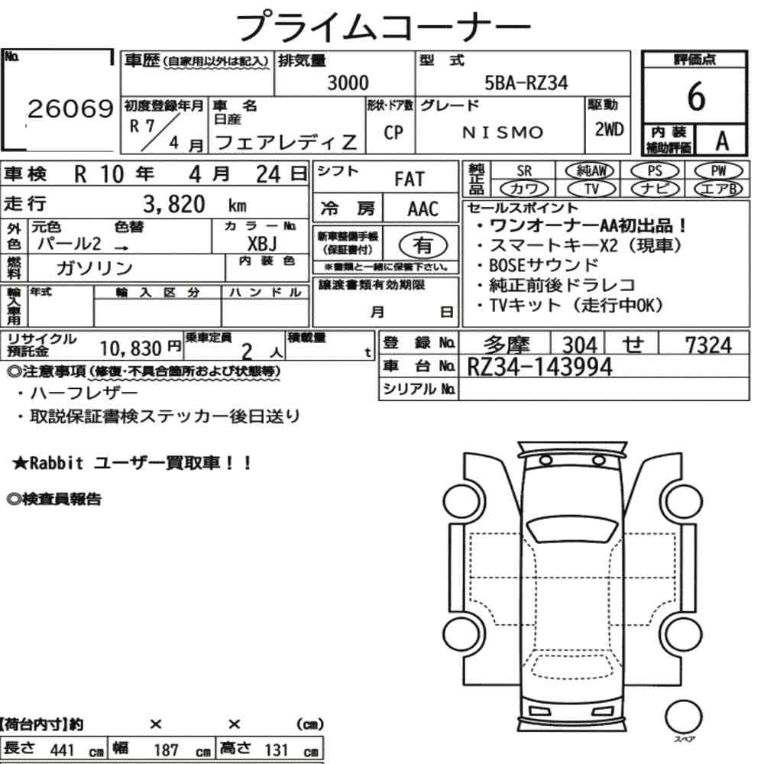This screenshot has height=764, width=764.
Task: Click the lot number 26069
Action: click(70, 108)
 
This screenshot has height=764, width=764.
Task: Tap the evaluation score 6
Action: click(696, 96)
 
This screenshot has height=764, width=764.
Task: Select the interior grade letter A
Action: click(722, 141)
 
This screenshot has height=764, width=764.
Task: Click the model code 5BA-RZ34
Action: click(526, 83)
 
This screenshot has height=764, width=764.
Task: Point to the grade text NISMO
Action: click(503, 132)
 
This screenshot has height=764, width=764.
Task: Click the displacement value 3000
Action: click(348, 83)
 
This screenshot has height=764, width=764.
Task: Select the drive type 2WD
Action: click(609, 130)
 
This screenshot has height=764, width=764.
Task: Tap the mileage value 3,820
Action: click(174, 204)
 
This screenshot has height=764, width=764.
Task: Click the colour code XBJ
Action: click(262, 243)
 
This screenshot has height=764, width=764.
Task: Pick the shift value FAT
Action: click(410, 180)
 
